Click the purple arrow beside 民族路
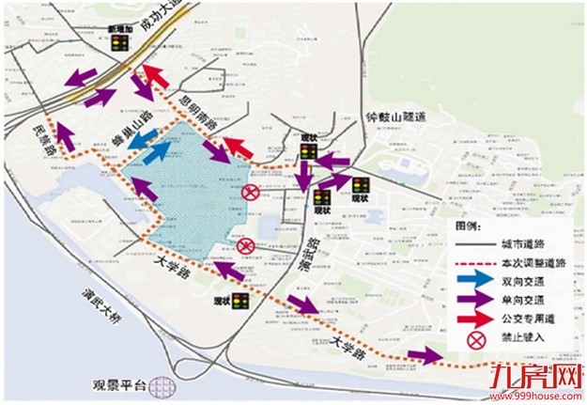[x=64, y=136]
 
